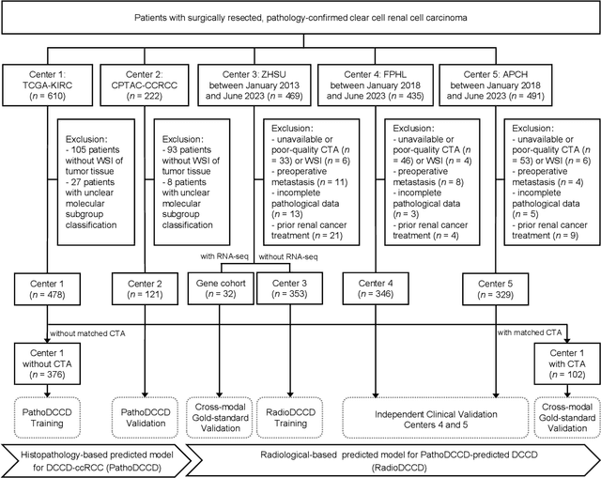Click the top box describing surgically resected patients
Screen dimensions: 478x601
click(300, 19)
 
